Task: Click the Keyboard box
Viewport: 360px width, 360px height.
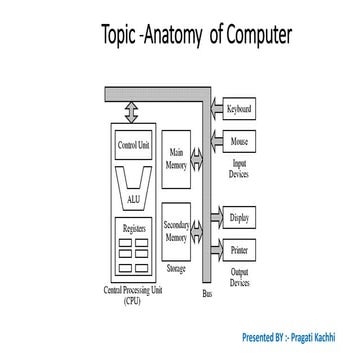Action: (239, 109)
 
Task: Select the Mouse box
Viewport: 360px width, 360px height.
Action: (239, 142)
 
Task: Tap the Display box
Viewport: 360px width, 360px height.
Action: (239, 217)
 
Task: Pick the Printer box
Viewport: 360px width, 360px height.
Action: (239, 249)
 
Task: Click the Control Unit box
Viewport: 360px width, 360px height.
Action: (134, 145)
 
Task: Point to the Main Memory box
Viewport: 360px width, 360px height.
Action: (175, 160)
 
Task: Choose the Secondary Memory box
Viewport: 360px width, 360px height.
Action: (175, 231)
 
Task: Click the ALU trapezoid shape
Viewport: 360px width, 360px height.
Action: (134, 185)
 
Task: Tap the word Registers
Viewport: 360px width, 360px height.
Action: (134, 228)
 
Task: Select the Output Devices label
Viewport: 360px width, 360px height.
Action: (239, 277)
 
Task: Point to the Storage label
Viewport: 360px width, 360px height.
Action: (175, 268)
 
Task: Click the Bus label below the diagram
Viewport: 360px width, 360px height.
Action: (207, 294)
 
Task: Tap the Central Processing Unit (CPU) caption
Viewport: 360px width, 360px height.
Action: (133, 295)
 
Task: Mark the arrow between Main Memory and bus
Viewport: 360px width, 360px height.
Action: (197, 157)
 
